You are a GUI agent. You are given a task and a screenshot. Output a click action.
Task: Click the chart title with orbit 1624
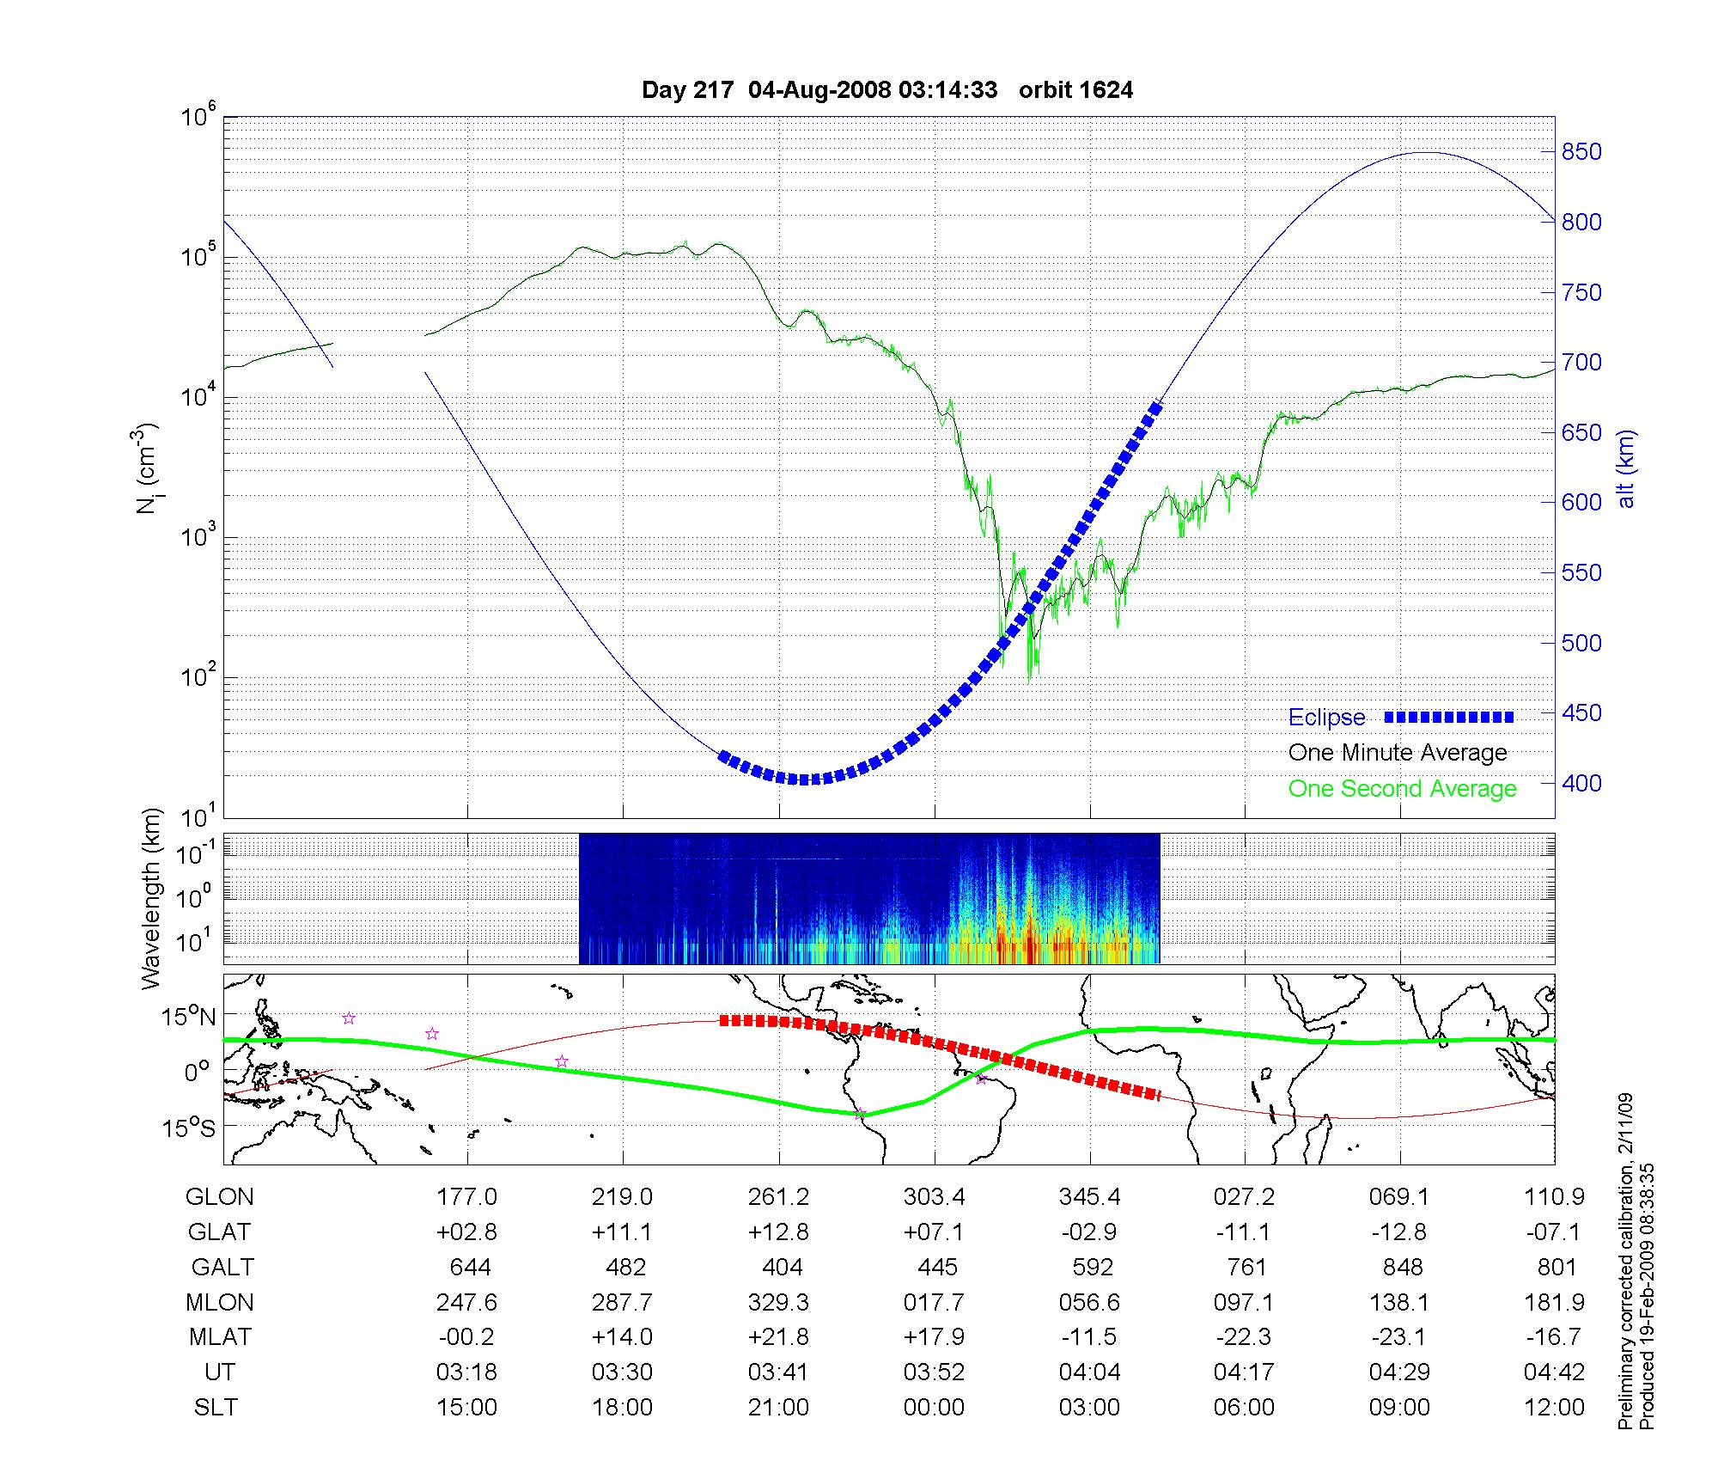pyautogui.click(x=887, y=90)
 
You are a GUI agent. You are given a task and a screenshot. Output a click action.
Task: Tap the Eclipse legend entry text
pyautogui.click(x=1326, y=718)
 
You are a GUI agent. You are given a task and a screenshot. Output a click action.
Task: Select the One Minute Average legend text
pyautogui.click(x=1398, y=753)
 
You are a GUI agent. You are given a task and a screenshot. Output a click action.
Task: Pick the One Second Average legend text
pyautogui.click(x=1402, y=789)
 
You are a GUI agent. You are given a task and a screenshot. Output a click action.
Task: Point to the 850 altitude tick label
pyautogui.click(x=1581, y=152)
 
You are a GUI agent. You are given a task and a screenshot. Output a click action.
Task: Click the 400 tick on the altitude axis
pyautogui.click(x=1581, y=783)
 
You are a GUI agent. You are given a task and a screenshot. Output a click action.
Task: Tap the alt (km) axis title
pyautogui.click(x=1627, y=468)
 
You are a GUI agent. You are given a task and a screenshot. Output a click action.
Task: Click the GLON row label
pyautogui.click(x=220, y=1197)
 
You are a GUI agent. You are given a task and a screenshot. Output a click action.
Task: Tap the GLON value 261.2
pyautogui.click(x=779, y=1197)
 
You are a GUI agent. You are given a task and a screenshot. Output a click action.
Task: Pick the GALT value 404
pyautogui.click(x=782, y=1268)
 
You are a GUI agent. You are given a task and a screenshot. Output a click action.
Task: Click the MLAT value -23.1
pyautogui.click(x=1399, y=1338)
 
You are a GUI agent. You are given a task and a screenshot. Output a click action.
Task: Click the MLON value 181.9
pyautogui.click(x=1555, y=1303)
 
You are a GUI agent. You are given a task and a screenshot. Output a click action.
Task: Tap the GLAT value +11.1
pyautogui.click(x=622, y=1232)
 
